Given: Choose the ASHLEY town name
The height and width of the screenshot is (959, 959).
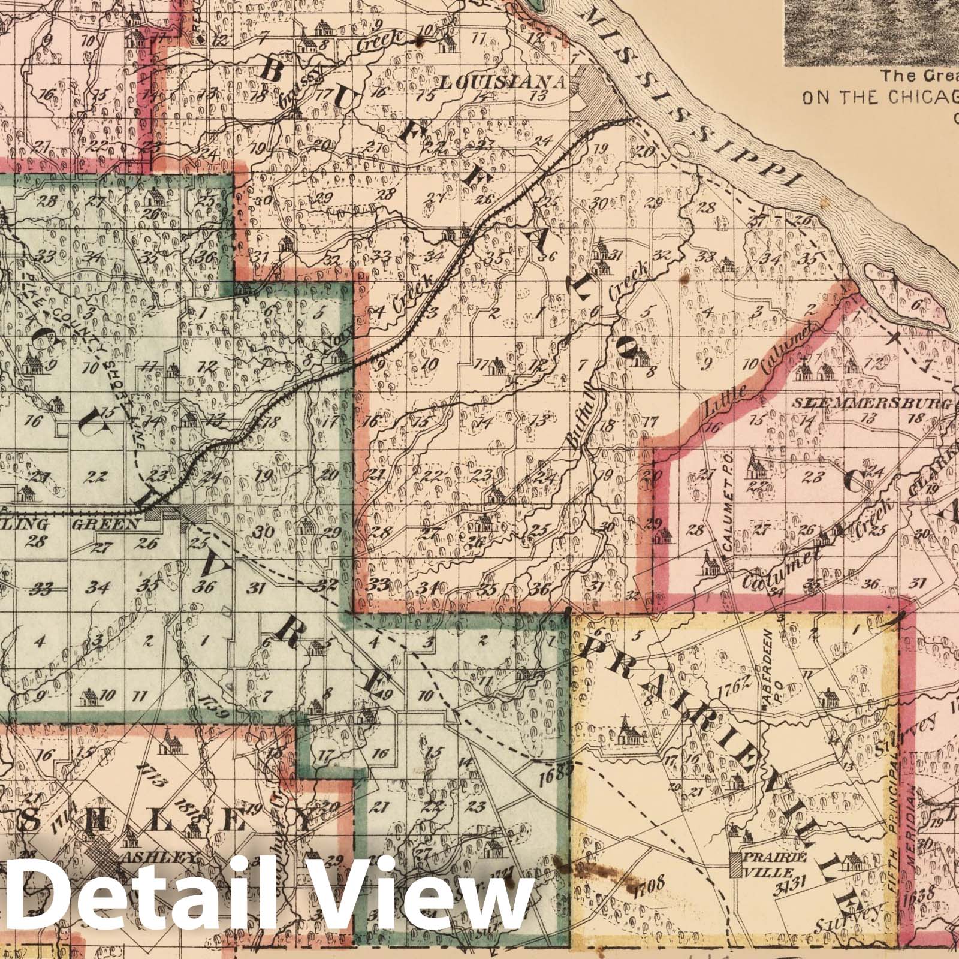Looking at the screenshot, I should click(x=159, y=858).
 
